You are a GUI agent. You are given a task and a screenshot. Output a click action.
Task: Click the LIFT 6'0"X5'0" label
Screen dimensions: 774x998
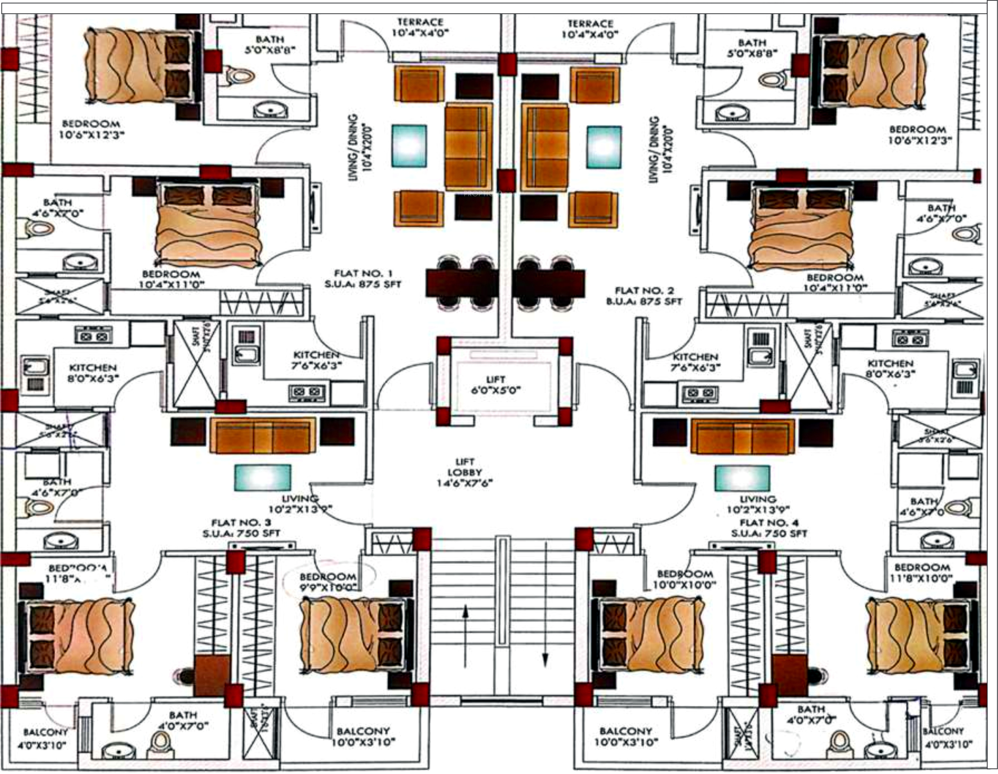click(496, 385)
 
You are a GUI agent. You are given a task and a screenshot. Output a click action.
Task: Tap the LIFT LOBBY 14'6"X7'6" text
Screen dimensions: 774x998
click(465, 472)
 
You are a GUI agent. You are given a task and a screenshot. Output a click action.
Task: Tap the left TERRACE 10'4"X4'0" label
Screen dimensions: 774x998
click(420, 27)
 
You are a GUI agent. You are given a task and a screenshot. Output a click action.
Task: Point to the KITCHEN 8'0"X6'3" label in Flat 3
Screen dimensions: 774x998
click(93, 373)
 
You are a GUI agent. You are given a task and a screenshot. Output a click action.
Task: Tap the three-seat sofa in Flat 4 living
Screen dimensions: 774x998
click(743, 436)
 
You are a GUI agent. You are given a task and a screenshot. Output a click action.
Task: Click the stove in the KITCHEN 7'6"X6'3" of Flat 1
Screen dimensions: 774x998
click(308, 393)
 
